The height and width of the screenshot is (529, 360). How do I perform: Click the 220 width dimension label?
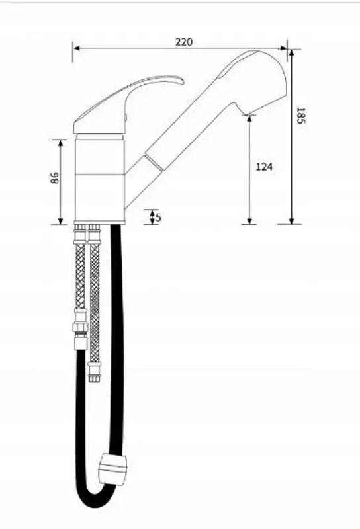coord(184,42)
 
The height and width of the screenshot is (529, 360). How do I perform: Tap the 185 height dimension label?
coord(300,115)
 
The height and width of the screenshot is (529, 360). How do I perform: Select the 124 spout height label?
coord(264,167)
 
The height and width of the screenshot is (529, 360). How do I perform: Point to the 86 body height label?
coord(55,178)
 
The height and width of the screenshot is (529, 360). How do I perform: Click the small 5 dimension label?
coord(159,218)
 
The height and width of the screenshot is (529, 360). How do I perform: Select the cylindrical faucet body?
coord(100,179)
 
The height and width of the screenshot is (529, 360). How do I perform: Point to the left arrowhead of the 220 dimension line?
coord(76,48)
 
